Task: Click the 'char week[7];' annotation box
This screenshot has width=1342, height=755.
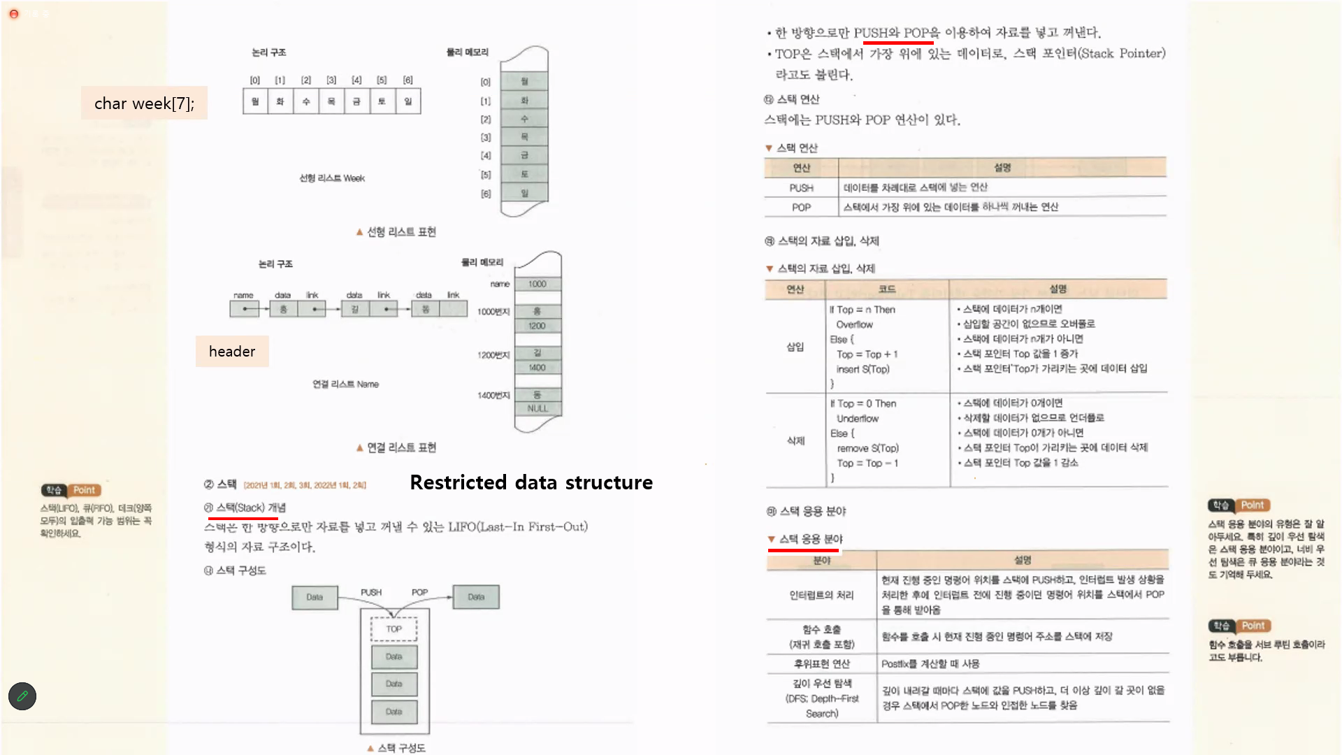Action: (x=144, y=103)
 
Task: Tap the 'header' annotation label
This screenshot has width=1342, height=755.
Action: (x=232, y=351)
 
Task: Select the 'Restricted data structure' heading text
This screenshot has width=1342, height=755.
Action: (x=531, y=482)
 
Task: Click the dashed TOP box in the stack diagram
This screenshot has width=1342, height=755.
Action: (x=394, y=629)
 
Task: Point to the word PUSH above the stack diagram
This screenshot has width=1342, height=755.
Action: (x=371, y=592)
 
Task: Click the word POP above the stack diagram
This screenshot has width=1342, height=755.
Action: (x=419, y=592)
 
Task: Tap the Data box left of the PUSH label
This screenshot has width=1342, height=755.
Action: (x=315, y=597)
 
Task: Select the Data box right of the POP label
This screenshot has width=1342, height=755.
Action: (x=476, y=597)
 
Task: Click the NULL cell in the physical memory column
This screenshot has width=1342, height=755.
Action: (x=537, y=408)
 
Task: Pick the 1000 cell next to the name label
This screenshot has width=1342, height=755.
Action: (x=537, y=284)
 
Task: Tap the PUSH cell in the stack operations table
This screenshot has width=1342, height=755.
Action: (x=801, y=188)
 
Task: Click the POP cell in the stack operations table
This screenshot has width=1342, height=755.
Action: (x=801, y=208)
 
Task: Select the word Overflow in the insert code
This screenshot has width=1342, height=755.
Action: (x=854, y=324)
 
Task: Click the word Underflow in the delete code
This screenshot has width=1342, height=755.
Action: (x=858, y=419)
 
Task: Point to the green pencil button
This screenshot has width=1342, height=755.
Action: (x=22, y=696)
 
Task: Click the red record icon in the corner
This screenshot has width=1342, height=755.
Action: (x=13, y=13)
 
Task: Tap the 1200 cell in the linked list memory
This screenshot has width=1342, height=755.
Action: (x=537, y=326)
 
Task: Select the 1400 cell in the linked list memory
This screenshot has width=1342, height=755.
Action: (x=537, y=368)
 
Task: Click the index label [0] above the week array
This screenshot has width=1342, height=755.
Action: (x=255, y=80)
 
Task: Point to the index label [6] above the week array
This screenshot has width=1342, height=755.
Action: (x=408, y=80)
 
